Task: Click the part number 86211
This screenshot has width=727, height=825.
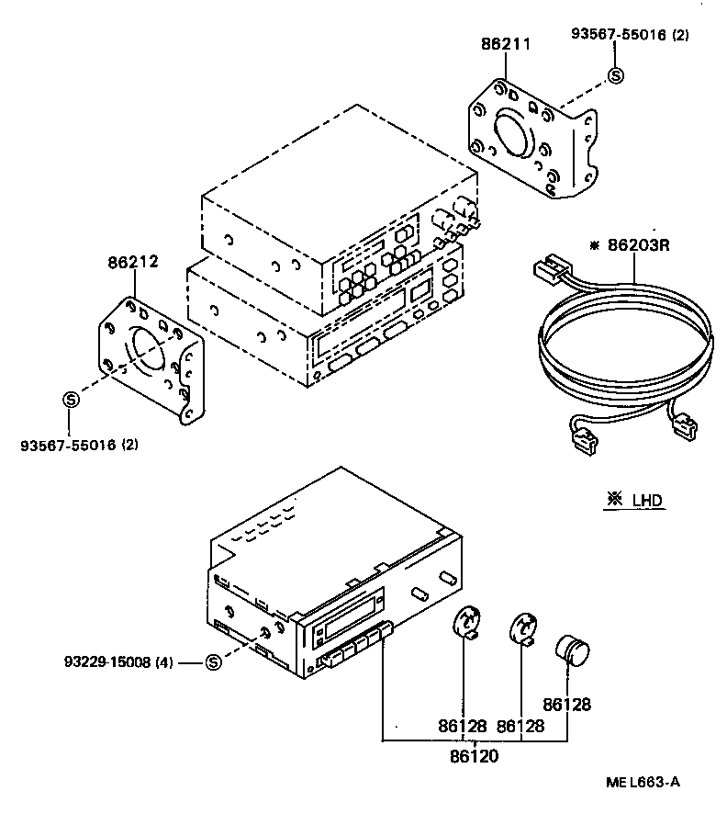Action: [505, 43]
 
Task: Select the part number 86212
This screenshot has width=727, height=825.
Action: [133, 261]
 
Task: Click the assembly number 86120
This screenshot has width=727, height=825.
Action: [474, 757]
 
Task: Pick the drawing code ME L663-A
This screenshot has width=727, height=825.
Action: [643, 782]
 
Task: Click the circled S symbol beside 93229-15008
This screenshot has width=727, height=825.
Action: [212, 661]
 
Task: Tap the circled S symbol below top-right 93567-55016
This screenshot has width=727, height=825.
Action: [615, 76]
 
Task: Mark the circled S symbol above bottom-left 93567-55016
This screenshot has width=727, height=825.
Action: [71, 399]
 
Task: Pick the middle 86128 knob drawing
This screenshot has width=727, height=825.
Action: [523, 629]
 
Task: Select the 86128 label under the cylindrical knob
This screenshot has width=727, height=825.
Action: [566, 705]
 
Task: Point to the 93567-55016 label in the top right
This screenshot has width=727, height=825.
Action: [630, 35]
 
